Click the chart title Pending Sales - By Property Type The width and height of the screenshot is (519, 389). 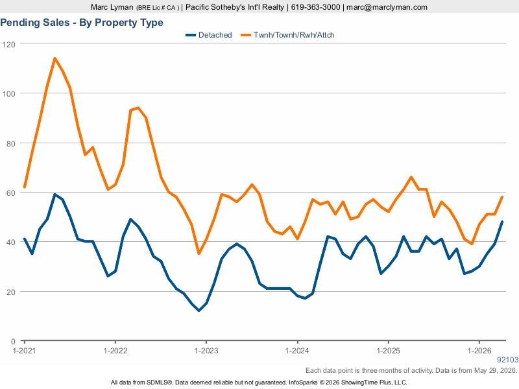point(82,23)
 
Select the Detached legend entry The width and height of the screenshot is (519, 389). point(208,35)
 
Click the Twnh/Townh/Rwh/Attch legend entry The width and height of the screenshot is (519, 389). point(287,35)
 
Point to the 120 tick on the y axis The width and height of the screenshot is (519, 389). point(8,44)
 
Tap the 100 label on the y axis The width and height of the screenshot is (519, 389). point(8,93)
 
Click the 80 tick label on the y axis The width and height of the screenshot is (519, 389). point(11,143)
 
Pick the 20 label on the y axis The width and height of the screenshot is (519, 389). point(11,292)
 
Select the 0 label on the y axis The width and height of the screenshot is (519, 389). point(13,342)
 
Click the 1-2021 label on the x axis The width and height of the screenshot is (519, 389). point(24,351)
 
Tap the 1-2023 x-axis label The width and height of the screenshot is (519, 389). point(206,351)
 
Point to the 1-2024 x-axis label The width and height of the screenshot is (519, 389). point(297,351)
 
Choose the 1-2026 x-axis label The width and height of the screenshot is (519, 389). point(479,351)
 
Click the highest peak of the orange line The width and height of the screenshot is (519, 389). point(54,58)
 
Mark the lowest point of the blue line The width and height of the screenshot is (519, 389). point(199,311)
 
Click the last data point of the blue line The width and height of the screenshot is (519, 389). point(502,222)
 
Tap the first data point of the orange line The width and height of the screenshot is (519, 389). point(25,187)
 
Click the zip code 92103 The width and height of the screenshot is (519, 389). point(508,360)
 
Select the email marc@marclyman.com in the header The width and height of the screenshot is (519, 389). point(387,7)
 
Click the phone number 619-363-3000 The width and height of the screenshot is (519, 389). point(315,7)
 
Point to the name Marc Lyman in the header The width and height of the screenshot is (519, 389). point(112,7)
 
